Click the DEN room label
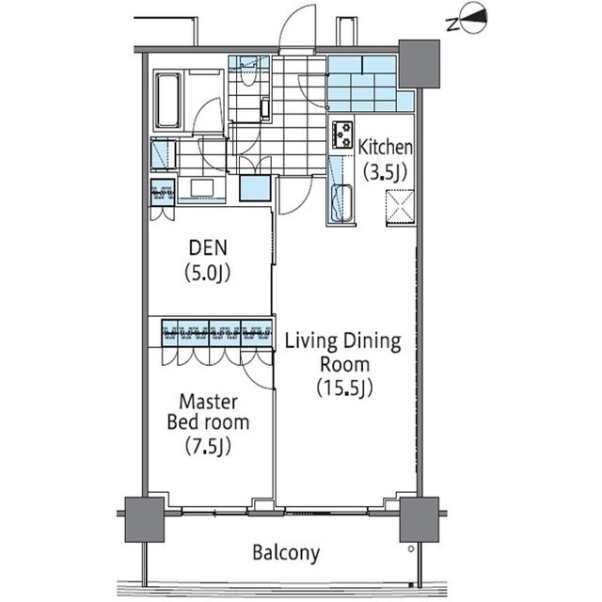coord(208,247)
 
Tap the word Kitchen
coord(385,148)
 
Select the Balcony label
coord(286,553)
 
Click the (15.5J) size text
coord(344,388)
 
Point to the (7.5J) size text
coord(208,446)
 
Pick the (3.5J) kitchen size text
coord(385,172)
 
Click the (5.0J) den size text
coord(208,274)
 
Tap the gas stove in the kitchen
coord(342,135)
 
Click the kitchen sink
coord(341,204)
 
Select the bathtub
coord(167,101)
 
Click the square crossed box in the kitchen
coord(400,206)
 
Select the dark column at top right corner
coord(420,64)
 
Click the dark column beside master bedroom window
coord(144,519)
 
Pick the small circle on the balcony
coord(411,548)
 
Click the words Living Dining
coord(342,341)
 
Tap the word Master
coord(208,402)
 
